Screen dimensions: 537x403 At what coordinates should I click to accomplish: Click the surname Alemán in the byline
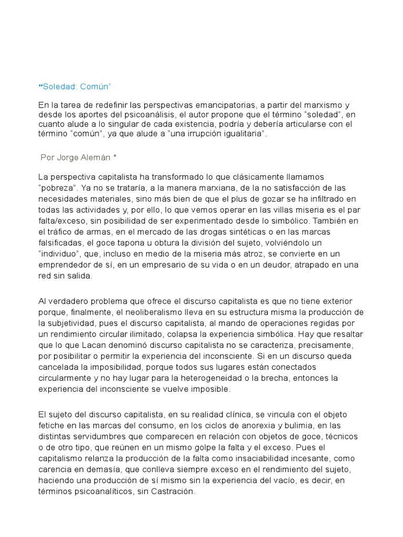tap(104, 157)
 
